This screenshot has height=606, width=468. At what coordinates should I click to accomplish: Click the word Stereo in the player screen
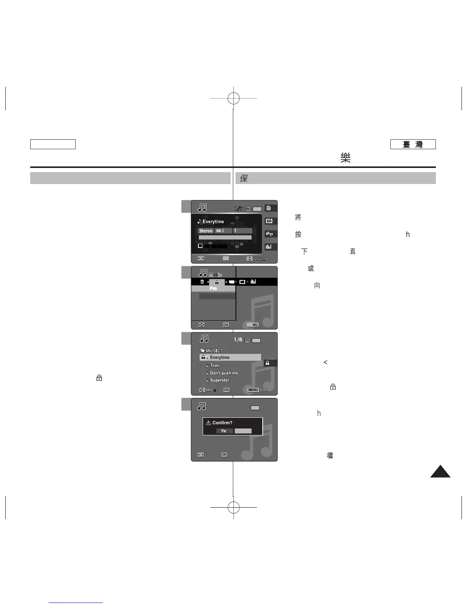206,231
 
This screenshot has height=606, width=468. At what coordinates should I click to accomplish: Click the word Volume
261,259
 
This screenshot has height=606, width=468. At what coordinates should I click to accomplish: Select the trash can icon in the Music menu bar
202,282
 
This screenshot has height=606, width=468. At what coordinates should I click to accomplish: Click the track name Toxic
215,365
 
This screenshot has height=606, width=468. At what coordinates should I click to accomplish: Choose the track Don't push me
224,373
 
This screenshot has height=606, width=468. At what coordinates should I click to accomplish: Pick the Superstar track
219,380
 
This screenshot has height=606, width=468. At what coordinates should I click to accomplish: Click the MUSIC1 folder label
214,350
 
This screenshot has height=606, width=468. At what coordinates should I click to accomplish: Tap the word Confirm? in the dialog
222,423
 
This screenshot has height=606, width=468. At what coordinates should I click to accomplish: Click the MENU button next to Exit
253,390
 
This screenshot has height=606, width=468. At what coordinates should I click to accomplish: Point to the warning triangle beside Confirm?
208,423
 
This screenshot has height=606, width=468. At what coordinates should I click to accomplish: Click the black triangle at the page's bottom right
440,471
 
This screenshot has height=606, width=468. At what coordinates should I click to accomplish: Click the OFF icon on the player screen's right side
269,221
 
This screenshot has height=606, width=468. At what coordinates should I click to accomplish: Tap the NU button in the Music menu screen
255,325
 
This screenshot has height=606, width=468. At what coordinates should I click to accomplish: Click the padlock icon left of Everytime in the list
203,357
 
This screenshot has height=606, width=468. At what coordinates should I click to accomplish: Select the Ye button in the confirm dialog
224,431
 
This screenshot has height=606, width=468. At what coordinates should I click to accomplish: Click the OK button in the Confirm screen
224,454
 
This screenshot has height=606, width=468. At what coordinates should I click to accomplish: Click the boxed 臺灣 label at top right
413,144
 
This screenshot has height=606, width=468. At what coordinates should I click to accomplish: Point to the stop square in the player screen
200,246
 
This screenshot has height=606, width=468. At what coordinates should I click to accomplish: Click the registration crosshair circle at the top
233,98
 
